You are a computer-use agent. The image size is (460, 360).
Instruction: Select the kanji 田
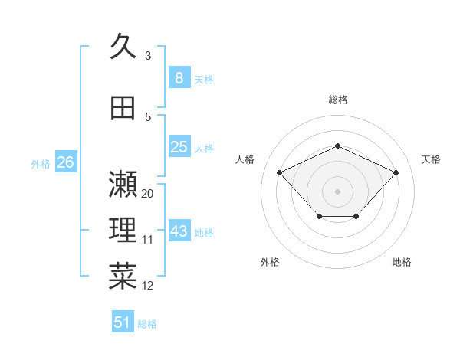[x=123, y=109]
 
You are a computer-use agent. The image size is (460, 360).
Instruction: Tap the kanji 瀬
[x=123, y=184]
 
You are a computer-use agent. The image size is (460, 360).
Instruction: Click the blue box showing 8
[x=179, y=77]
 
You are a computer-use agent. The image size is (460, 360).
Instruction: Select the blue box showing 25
[x=179, y=147]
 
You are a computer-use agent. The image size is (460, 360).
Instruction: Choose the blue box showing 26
[x=65, y=162]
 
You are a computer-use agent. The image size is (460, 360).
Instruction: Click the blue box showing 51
[x=123, y=322]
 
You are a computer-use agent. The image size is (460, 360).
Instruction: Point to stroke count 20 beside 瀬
[x=148, y=194]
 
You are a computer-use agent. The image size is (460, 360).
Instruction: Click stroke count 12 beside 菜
[x=148, y=286]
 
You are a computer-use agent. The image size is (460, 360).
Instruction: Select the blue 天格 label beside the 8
[x=204, y=79]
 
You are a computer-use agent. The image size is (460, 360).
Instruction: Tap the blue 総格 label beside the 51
[x=147, y=324]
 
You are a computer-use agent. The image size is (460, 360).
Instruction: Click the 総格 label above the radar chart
[x=338, y=100]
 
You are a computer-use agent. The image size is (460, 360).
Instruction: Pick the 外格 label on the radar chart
[x=270, y=262]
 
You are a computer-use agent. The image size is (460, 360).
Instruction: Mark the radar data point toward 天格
[x=396, y=172]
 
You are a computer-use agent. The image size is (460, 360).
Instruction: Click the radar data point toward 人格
[x=280, y=172]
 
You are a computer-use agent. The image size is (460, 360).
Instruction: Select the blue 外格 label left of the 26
[x=41, y=164]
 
